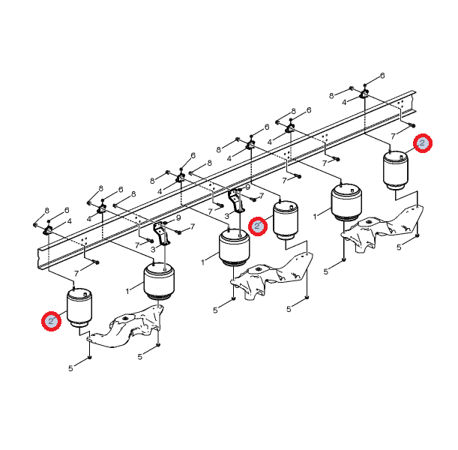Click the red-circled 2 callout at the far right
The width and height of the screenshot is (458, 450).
(x=423, y=143)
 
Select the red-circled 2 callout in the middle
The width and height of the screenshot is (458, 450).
(x=258, y=226)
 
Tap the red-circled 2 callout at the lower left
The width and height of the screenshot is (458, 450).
(x=51, y=321)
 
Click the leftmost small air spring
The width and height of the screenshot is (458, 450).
(x=79, y=307)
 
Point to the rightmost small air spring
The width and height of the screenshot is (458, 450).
(x=396, y=169)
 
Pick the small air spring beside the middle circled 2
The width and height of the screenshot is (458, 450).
(x=286, y=220)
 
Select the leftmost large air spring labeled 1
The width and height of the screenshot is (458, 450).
(x=159, y=280)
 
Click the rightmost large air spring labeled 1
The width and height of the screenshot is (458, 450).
(x=346, y=202)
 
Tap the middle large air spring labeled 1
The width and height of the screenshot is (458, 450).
(x=235, y=247)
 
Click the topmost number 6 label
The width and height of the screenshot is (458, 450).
(x=382, y=76)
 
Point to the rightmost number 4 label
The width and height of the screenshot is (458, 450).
(x=344, y=102)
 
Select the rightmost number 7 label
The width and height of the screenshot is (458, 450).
(x=393, y=136)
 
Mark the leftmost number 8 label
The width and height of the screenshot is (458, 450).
(x=47, y=211)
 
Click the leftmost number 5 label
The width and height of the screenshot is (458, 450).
(x=70, y=368)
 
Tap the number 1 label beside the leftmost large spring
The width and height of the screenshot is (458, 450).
(x=127, y=291)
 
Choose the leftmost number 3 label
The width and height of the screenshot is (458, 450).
(x=153, y=250)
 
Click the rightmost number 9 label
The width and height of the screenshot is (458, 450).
(x=248, y=187)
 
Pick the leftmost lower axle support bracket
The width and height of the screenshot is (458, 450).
(x=126, y=325)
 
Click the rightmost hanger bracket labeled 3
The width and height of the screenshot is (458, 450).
(x=236, y=200)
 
